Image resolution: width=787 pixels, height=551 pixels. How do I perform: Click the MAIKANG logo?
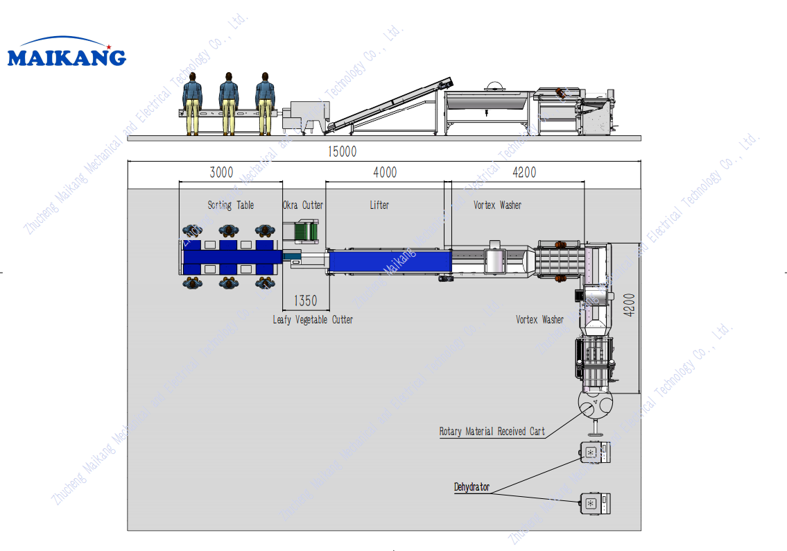click(67, 55)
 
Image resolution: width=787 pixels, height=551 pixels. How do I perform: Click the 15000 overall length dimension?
click(343, 151)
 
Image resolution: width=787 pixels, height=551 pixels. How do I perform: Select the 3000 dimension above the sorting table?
click(221, 172)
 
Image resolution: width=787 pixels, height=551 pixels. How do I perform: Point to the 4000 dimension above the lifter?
click(385, 172)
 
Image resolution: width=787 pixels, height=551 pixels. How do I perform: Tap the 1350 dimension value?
click(305, 300)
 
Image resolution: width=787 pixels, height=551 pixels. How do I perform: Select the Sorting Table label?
click(231, 205)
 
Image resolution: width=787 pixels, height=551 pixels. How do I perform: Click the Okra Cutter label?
click(303, 205)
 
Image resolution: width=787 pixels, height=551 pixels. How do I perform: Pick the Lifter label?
click(379, 205)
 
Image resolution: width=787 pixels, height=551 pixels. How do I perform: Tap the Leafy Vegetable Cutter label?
click(313, 319)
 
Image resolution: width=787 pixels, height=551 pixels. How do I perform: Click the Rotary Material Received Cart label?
click(492, 431)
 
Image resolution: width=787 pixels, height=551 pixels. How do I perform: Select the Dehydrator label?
click(472, 487)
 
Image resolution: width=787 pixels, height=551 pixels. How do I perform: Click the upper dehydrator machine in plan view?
click(597, 452)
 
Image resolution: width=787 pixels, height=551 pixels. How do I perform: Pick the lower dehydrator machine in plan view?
click(597, 503)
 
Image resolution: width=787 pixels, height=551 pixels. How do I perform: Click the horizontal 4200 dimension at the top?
click(524, 172)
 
